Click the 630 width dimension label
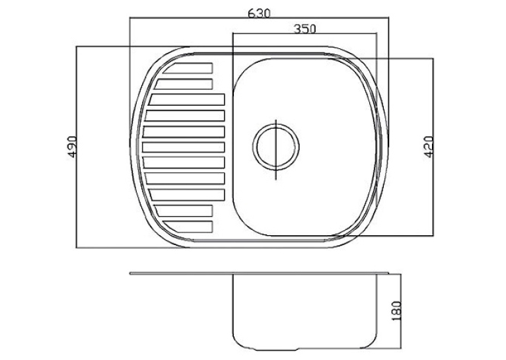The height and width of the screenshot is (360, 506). [x=259, y=13]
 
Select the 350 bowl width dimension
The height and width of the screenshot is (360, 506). [x=305, y=28]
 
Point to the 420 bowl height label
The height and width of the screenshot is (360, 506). [x=429, y=147]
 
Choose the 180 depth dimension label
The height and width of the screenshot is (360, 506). [x=396, y=310]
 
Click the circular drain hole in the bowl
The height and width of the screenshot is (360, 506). [x=276, y=147]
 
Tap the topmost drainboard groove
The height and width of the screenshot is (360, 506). [x=188, y=68]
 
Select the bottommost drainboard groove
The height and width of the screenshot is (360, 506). [x=188, y=227]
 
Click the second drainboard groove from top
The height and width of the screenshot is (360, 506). [x=184, y=84]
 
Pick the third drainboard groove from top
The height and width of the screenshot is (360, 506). [x=186, y=99]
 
